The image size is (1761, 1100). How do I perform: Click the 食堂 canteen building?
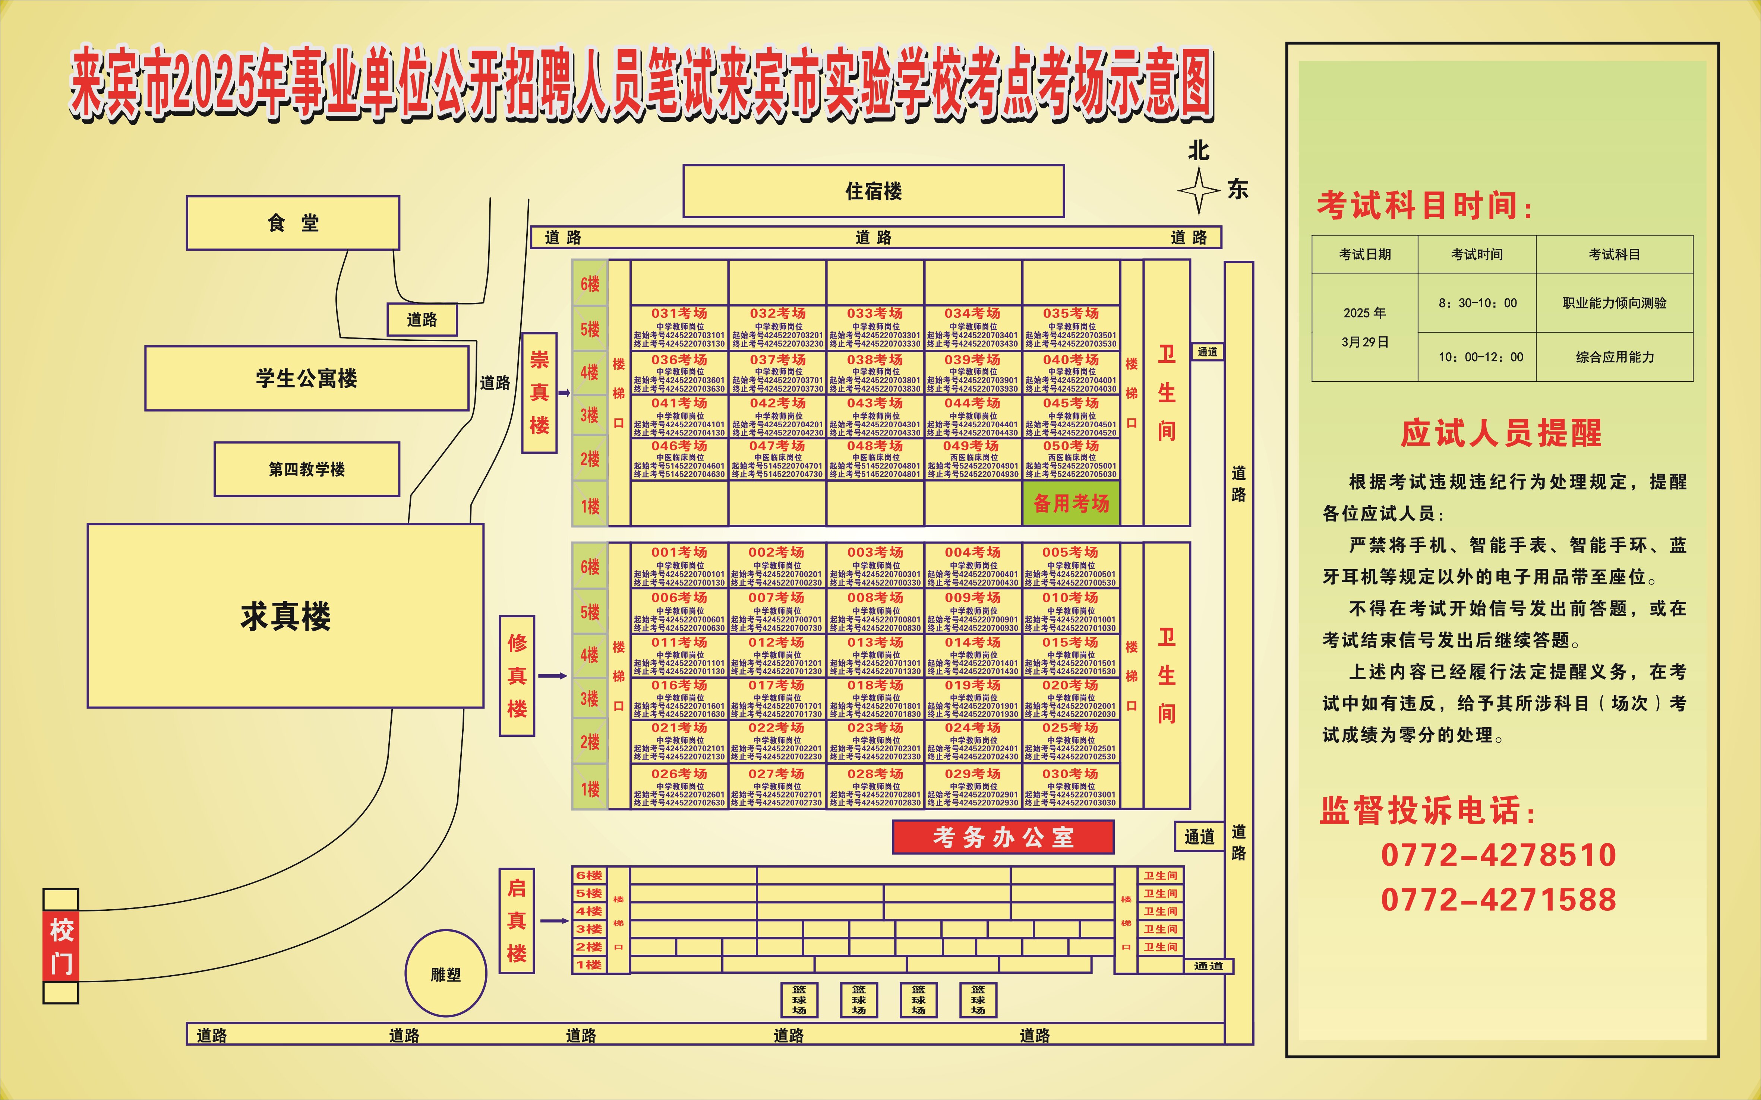293,223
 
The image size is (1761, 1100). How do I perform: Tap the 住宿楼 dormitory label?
873,191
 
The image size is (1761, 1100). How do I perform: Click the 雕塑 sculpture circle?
445,973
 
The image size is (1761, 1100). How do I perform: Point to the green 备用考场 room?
1070,503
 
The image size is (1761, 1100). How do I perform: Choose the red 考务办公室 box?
1003,837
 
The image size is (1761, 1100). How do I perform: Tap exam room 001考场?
679,566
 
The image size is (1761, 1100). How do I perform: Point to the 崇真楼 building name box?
539,393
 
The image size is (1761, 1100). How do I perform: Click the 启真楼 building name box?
517,920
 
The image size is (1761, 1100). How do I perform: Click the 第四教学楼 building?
306,469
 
